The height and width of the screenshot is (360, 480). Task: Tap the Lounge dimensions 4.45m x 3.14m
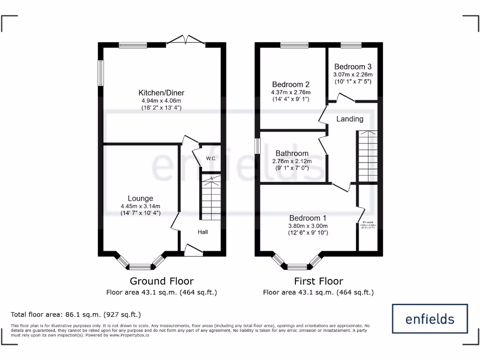pyautogui.click(x=141, y=206)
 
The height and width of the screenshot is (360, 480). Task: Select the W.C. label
pyautogui.click(x=211, y=159)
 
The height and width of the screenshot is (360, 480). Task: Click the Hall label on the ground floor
pyautogui.click(x=202, y=232)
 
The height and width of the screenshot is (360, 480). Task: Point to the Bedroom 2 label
pyautogui.click(x=291, y=84)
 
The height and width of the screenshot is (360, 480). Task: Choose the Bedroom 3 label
pyautogui.click(x=352, y=67)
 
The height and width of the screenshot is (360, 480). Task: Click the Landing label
pyautogui.click(x=350, y=119)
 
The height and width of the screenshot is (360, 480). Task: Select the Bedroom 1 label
pyautogui.click(x=308, y=218)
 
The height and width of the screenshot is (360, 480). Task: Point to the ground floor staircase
pyautogui.click(x=210, y=197)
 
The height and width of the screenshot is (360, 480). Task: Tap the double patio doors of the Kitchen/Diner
pyautogui.click(x=186, y=42)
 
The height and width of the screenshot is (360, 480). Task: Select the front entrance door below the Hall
pyautogui.click(x=193, y=252)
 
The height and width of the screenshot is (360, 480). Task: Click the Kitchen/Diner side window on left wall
pyautogui.click(x=100, y=73)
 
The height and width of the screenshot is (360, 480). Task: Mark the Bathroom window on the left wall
pyautogui.click(x=257, y=145)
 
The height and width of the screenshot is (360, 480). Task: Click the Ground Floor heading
pyautogui.click(x=161, y=281)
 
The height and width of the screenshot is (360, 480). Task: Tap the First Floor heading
pyautogui.click(x=318, y=281)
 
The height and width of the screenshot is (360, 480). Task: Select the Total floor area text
pyautogui.click(x=75, y=315)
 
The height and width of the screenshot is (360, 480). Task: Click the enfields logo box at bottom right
pyautogui.click(x=429, y=319)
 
